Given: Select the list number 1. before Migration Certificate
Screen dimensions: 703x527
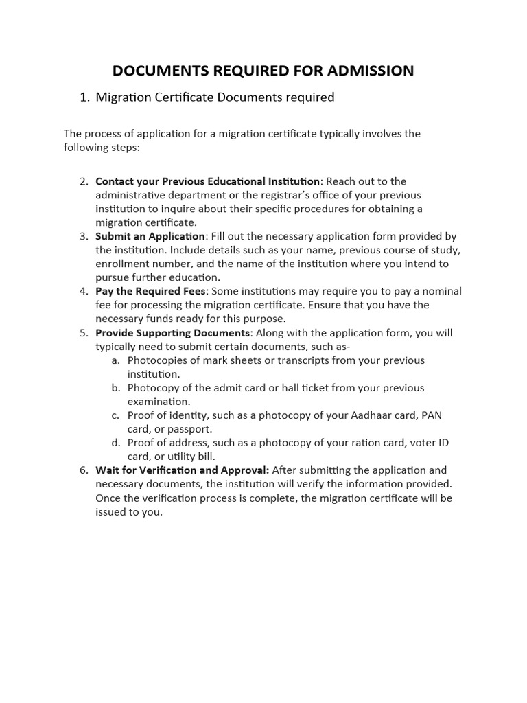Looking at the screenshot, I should click(x=85, y=97).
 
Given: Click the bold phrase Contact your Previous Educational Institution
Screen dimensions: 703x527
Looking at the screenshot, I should click(x=207, y=181).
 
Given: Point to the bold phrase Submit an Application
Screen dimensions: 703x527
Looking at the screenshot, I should click(x=150, y=236).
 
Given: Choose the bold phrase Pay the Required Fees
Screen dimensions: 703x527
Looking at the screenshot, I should click(x=150, y=291).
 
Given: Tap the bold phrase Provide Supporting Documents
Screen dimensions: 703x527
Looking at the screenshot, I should click(x=172, y=333).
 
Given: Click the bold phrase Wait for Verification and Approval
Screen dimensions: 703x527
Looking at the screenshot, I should click(x=182, y=470).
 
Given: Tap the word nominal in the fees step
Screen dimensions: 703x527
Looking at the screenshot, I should click(x=441, y=291).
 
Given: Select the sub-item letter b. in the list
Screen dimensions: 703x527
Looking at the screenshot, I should click(x=116, y=388).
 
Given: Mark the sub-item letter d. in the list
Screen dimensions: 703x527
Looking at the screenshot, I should click(x=116, y=443).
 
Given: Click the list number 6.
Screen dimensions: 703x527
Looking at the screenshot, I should click(x=84, y=470).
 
